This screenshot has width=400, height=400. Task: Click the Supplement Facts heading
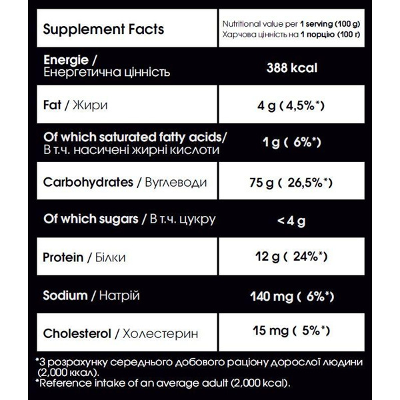tap(103, 30)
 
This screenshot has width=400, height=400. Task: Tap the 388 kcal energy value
tap(291, 67)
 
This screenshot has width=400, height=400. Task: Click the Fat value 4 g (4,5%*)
tap(291, 105)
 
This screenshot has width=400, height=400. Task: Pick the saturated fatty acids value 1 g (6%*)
tap(291, 142)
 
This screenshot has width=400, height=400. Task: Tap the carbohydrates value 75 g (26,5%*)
tap(291, 182)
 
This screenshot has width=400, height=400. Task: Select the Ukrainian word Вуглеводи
tap(171, 182)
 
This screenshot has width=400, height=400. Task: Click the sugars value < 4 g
tap(291, 219)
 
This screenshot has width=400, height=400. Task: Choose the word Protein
tap(63, 257)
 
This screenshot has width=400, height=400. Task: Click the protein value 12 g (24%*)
tap(291, 257)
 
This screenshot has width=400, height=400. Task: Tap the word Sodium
tap(64, 295)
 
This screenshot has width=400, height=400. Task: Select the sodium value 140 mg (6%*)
tap(291, 295)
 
